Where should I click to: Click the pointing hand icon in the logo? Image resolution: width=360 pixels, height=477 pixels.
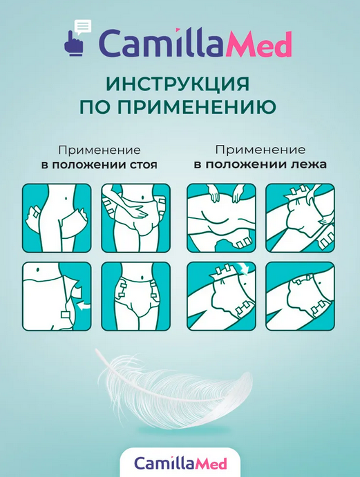click(x=74, y=44)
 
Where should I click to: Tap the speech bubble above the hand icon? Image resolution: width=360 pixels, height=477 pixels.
click(x=83, y=26)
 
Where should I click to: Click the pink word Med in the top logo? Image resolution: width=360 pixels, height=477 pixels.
click(x=259, y=44)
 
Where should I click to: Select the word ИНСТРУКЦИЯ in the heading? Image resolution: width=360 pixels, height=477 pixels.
click(x=179, y=84)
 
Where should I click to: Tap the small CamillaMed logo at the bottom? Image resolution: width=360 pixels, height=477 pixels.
click(x=180, y=463)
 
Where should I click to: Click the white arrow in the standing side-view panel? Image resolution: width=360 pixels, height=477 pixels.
click(x=84, y=306)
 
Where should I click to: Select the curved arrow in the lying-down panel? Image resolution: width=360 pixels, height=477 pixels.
click(x=244, y=268)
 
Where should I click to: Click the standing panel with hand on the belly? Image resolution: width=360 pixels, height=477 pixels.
click(x=136, y=218)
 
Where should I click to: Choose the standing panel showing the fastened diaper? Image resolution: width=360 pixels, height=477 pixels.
click(x=136, y=296)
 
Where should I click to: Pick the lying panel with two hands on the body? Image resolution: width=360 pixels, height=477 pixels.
click(x=221, y=218)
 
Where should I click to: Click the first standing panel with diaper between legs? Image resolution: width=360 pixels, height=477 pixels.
click(x=57, y=218)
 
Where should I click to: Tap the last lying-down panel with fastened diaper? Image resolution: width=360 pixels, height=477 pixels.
click(x=301, y=296)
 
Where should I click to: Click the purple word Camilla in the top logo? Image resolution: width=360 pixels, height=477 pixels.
click(x=162, y=44)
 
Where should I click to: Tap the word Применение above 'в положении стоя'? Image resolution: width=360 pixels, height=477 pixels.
click(x=100, y=150)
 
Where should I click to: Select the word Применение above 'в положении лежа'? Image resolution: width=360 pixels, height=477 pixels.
click(x=260, y=150)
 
